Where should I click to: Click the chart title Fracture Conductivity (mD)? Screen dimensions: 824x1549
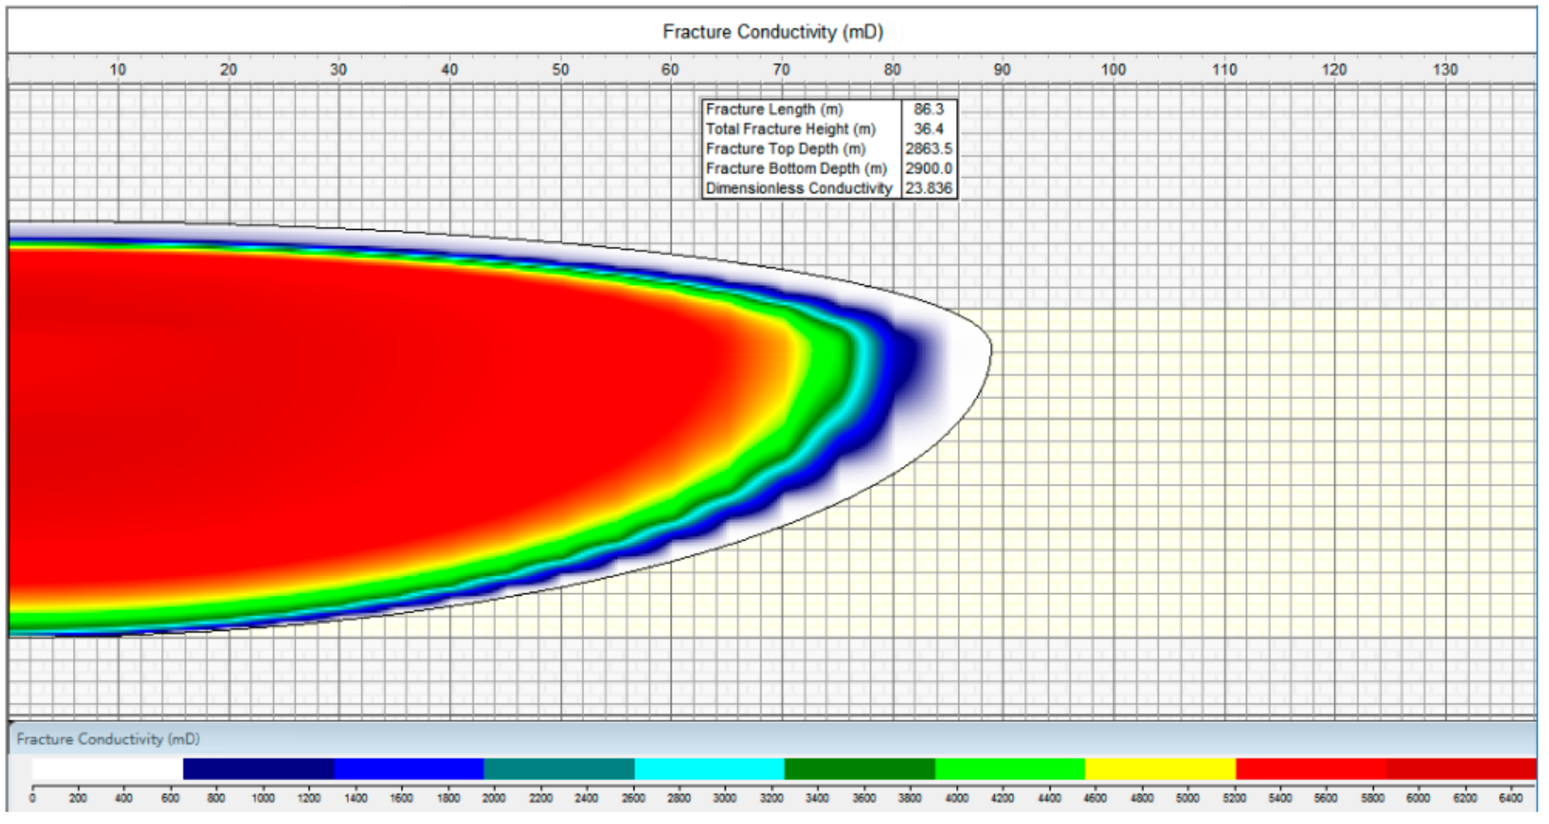pyautogui.click(x=772, y=32)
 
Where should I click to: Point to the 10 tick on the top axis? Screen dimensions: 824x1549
pyautogui.click(x=117, y=70)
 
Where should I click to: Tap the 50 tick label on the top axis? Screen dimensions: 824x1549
pyautogui.click(x=560, y=70)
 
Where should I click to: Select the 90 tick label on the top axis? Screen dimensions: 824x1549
pyautogui.click(x=1002, y=70)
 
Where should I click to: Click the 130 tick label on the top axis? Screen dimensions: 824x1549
pyautogui.click(x=1444, y=70)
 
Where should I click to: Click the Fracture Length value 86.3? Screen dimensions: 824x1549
pyautogui.click(x=928, y=109)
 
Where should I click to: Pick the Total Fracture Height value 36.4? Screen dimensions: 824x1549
pyautogui.click(x=928, y=129)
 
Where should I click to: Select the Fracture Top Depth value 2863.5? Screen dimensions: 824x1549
pyautogui.click(x=928, y=149)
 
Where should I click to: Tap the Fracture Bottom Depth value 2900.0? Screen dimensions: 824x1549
pyautogui.click(x=928, y=168)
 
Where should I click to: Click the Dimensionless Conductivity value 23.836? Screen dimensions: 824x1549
pyautogui.click(x=928, y=188)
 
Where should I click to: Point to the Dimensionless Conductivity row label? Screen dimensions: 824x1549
pyautogui.click(x=798, y=188)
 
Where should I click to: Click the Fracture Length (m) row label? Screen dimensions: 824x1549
pyautogui.click(x=774, y=109)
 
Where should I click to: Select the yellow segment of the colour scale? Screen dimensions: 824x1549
pyautogui.click(x=1160, y=768)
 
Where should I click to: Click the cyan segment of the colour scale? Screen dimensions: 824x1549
pyautogui.click(x=709, y=768)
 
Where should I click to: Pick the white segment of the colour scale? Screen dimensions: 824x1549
pyautogui.click(x=107, y=768)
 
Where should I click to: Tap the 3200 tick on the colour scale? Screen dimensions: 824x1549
pyautogui.click(x=771, y=798)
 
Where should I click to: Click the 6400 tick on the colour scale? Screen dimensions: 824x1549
pyautogui.click(x=1510, y=798)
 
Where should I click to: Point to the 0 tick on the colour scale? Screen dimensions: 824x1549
pyautogui.click(x=32, y=798)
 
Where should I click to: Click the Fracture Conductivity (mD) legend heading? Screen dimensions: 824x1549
pyautogui.click(x=108, y=739)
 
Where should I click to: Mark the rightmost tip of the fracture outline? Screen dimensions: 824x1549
pyautogui.click(x=991, y=350)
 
